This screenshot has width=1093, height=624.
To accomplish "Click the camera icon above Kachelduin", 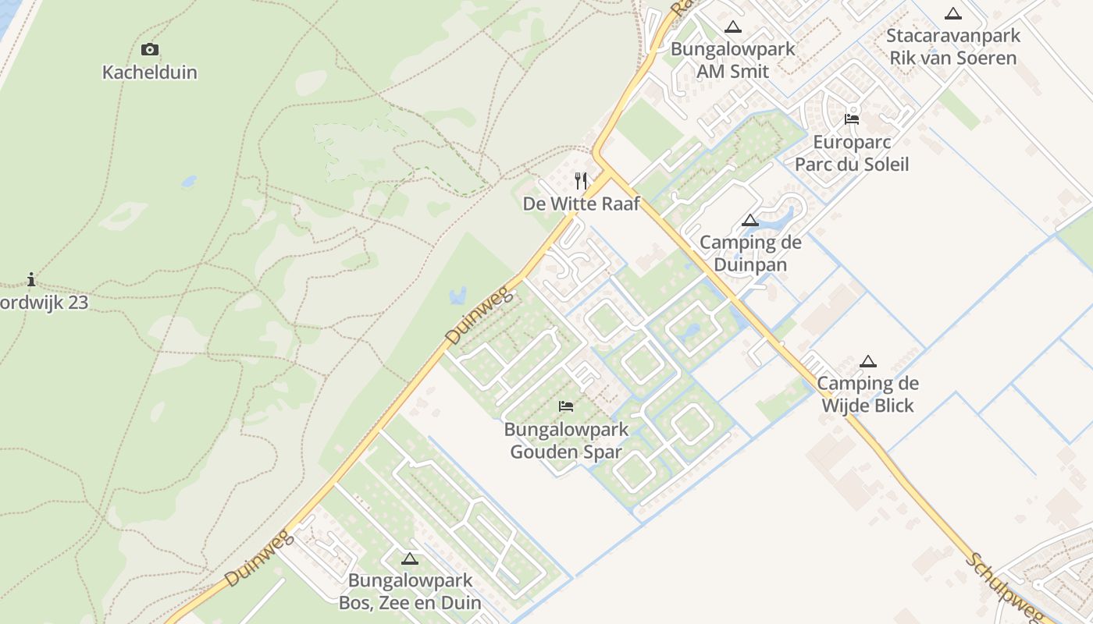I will click(150, 50).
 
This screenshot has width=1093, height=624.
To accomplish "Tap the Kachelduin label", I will click(150, 73).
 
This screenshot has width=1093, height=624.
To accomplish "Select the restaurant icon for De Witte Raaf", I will click(581, 181).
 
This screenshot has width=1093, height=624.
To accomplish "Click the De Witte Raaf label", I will click(581, 204).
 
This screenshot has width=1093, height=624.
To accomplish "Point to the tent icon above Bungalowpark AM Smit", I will click(732, 27).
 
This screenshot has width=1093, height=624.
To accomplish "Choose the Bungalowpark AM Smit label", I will click(732, 60).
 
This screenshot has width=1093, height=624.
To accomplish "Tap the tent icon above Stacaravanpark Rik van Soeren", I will click(952, 13).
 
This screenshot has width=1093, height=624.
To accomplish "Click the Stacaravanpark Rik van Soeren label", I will click(953, 47).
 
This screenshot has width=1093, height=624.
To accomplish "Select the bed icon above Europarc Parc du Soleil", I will click(852, 119).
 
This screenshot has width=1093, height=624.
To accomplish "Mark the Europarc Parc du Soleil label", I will click(852, 154).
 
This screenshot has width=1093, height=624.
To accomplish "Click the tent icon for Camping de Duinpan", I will click(750, 221).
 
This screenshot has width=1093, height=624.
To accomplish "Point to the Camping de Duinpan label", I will click(750, 253).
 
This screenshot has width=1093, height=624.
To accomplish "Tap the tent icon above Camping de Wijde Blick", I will click(868, 361).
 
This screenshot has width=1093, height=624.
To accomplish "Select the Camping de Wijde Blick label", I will click(868, 395).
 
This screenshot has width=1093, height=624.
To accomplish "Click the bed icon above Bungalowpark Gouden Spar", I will click(566, 406).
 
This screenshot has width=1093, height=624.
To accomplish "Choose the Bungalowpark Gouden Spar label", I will click(566, 441).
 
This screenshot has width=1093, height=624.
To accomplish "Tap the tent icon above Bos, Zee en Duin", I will click(410, 558).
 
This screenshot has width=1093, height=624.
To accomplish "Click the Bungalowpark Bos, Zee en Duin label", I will click(410, 591).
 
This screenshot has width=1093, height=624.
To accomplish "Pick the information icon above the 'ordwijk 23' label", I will click(31, 279).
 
